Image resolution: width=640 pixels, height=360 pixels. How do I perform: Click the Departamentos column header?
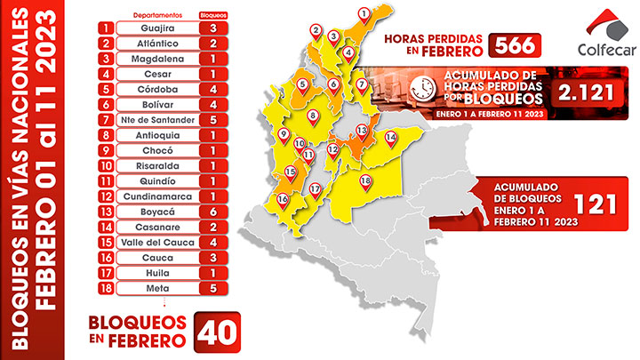160,15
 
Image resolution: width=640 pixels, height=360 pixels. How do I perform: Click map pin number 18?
365,182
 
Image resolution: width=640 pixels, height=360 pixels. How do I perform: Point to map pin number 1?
362,12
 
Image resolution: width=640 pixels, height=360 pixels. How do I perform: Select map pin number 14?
390,138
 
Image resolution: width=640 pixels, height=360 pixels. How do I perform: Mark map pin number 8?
313,116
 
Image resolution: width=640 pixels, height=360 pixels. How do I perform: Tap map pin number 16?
282,199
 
